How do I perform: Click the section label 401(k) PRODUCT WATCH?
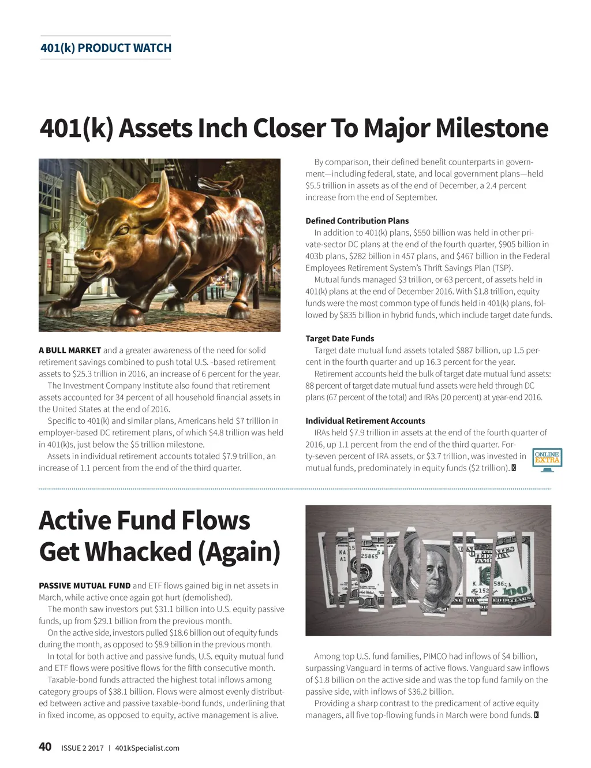pos(106,48)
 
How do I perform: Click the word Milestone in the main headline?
pos(492,128)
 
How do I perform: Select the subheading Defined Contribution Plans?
pos(357,221)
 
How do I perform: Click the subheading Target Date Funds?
pos(339,338)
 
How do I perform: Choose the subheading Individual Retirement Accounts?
pos(365,421)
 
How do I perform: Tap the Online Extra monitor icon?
pos(547,460)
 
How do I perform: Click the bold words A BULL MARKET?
pos(70,350)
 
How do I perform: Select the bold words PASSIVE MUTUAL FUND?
pos(84,586)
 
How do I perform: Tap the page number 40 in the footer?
pos(45,747)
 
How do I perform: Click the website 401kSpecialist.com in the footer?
pos(147,748)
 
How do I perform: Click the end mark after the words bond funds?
pos(537,715)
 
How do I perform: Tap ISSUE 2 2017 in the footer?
pos(83,748)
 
